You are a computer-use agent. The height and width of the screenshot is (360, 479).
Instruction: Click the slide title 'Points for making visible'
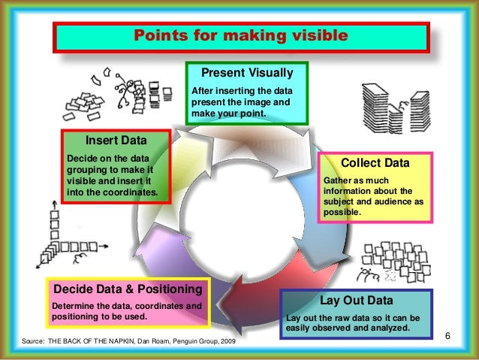240,35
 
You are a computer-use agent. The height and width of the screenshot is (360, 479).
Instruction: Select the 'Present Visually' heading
246,74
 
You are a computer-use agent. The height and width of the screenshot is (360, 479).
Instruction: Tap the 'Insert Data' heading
116,140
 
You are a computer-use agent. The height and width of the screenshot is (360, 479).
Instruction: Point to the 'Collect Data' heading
375,163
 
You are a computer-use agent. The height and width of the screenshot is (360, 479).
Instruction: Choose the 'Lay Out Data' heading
357,301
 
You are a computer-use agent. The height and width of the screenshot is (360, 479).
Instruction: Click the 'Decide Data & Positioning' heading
127,289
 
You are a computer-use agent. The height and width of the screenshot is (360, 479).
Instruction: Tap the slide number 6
447,334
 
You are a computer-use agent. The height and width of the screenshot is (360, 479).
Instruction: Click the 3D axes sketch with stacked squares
60,237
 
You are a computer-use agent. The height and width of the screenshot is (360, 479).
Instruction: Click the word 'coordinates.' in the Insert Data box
128,192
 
